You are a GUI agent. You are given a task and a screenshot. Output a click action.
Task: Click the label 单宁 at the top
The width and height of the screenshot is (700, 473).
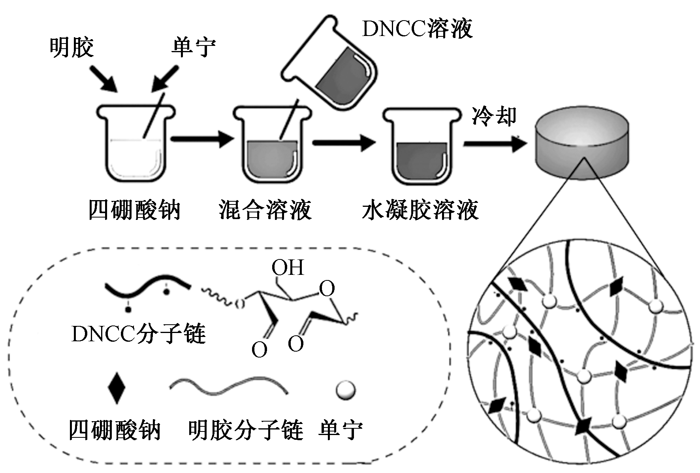coord(194,48)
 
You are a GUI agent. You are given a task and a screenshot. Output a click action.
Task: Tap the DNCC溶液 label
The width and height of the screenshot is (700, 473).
coord(417,29)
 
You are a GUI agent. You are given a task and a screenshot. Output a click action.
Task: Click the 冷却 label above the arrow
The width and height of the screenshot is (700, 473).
coord(494,116)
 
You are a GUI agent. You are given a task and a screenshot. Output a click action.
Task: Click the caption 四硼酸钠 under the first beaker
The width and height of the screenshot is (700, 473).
coord(134,210)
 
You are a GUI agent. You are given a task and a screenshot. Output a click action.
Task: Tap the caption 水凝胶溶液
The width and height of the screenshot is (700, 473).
coord(420,210)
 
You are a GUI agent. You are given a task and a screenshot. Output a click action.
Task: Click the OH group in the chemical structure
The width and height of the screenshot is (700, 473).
coord(288,268)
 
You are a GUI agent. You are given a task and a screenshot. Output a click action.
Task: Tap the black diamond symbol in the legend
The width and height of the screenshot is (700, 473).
coord(117,388)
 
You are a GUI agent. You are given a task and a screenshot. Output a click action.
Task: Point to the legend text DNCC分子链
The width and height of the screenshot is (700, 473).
coord(139,334)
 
